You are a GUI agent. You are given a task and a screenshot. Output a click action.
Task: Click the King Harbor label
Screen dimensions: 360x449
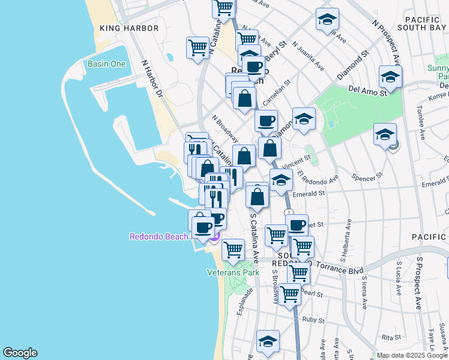pos(129,28)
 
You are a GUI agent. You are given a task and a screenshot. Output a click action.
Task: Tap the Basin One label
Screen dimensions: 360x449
pos(106,64)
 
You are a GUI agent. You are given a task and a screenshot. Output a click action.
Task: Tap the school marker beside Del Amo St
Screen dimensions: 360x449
pos(390,77)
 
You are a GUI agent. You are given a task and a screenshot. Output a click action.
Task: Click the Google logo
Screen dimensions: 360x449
pos(20,352)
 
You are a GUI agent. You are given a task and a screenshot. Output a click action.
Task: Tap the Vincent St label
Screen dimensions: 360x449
pos(297,162)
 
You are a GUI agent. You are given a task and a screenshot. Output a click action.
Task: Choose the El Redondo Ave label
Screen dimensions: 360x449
pos(318,178)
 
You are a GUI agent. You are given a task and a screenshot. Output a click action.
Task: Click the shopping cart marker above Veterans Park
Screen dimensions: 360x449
pos(233,248)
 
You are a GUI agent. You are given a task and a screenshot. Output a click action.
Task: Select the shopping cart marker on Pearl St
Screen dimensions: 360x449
pos(289,295)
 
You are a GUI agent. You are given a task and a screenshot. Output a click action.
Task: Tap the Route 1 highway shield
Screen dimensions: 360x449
pos(289,213)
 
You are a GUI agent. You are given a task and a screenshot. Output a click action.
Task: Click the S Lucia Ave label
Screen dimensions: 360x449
pos(399,278)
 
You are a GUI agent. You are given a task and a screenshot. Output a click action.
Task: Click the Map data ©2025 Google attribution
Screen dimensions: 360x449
pos(412,355)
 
